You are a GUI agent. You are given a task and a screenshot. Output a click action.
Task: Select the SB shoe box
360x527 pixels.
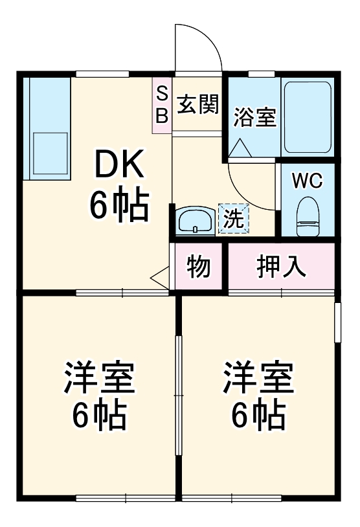(x=162, y=105)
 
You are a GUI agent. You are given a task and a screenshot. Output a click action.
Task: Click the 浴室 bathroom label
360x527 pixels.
(x=254, y=118)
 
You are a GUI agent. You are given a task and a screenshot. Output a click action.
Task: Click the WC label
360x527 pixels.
(x=307, y=181)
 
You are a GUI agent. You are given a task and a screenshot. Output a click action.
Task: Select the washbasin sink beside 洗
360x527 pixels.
(x=194, y=221)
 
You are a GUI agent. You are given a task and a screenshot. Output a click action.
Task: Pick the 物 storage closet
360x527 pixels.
(x=199, y=266)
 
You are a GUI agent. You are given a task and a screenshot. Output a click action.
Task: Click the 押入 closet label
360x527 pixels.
(x=280, y=266)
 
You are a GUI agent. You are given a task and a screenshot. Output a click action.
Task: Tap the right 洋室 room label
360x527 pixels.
(x=258, y=378)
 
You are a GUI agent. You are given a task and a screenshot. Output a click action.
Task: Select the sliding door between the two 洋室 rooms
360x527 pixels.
(x=179, y=395)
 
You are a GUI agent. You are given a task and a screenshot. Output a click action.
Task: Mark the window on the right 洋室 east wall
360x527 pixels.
(x=337, y=322)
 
